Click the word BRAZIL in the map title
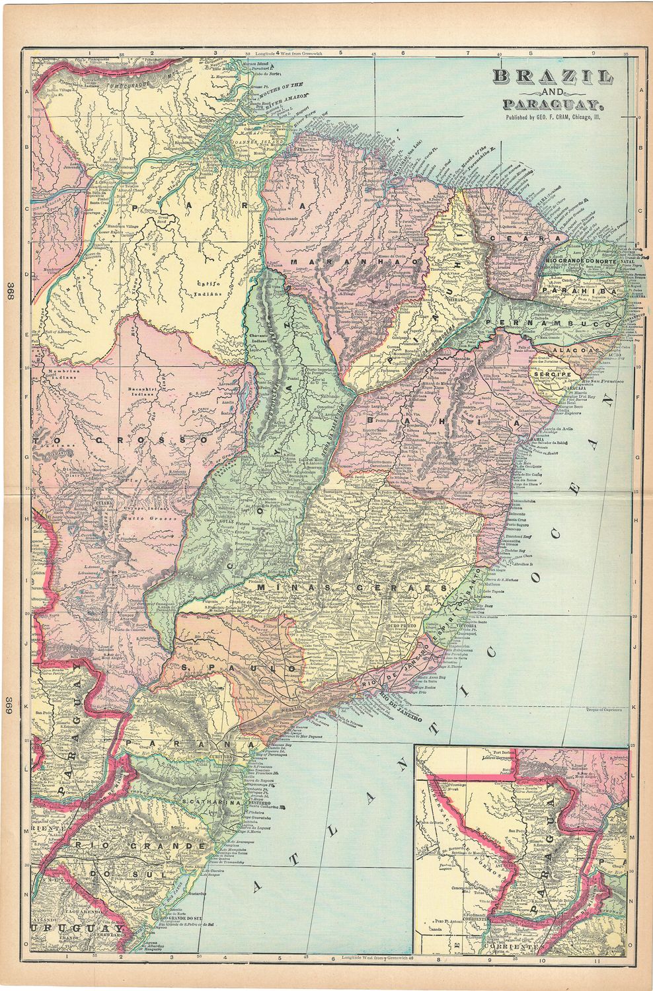(x=551, y=77)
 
